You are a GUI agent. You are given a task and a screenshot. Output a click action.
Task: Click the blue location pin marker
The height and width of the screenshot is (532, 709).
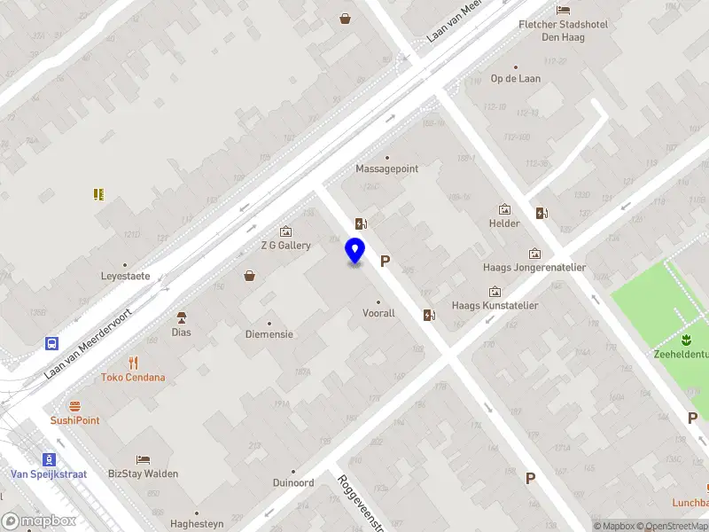tap(355, 251)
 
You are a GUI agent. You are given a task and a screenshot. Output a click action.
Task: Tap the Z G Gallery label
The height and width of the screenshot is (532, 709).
tap(285, 246)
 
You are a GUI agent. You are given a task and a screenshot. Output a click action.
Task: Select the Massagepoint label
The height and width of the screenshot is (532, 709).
tap(386, 168)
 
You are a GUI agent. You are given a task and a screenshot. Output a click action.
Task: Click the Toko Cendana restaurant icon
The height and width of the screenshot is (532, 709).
tap(134, 362)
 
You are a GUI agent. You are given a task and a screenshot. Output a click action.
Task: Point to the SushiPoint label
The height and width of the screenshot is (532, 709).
tap(74, 420)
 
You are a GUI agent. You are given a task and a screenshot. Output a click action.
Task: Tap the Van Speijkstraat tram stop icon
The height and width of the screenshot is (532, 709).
tap(50, 459)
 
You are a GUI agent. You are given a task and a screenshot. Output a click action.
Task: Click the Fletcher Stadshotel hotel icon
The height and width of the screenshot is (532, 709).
tap(563, 10)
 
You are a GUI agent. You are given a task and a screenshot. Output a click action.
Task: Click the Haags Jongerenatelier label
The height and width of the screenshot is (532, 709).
tap(534, 268)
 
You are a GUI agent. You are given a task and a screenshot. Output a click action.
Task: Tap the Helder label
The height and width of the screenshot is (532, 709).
tap(504, 223)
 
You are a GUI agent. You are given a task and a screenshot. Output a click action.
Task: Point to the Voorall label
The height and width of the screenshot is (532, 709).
tap(378, 313)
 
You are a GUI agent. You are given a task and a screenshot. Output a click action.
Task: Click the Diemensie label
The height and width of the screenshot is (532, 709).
tap(269, 334)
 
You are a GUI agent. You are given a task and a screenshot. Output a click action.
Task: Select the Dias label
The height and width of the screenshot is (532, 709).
tap(182, 332)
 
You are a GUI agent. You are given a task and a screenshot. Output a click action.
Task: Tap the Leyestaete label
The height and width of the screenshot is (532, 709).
tap(125, 276)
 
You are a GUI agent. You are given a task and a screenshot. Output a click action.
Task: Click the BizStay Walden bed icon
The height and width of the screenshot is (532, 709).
tap(143, 459)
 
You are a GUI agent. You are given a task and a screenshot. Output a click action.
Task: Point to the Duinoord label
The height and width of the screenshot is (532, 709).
tap(293, 483)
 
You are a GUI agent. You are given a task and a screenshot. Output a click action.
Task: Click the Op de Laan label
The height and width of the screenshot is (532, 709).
tap(515, 78)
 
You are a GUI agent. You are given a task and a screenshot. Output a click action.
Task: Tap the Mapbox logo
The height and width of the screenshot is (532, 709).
tap(39, 521)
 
